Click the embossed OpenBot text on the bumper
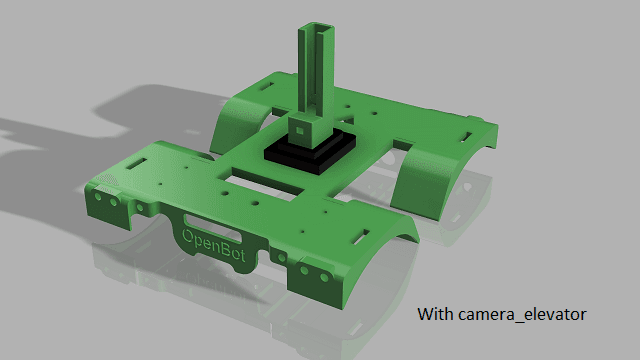tap(213, 245)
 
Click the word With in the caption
tap(435, 314)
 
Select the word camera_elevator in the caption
tap(522, 315)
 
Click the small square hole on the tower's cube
tap(299, 131)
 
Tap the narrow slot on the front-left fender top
tap(137, 164)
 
